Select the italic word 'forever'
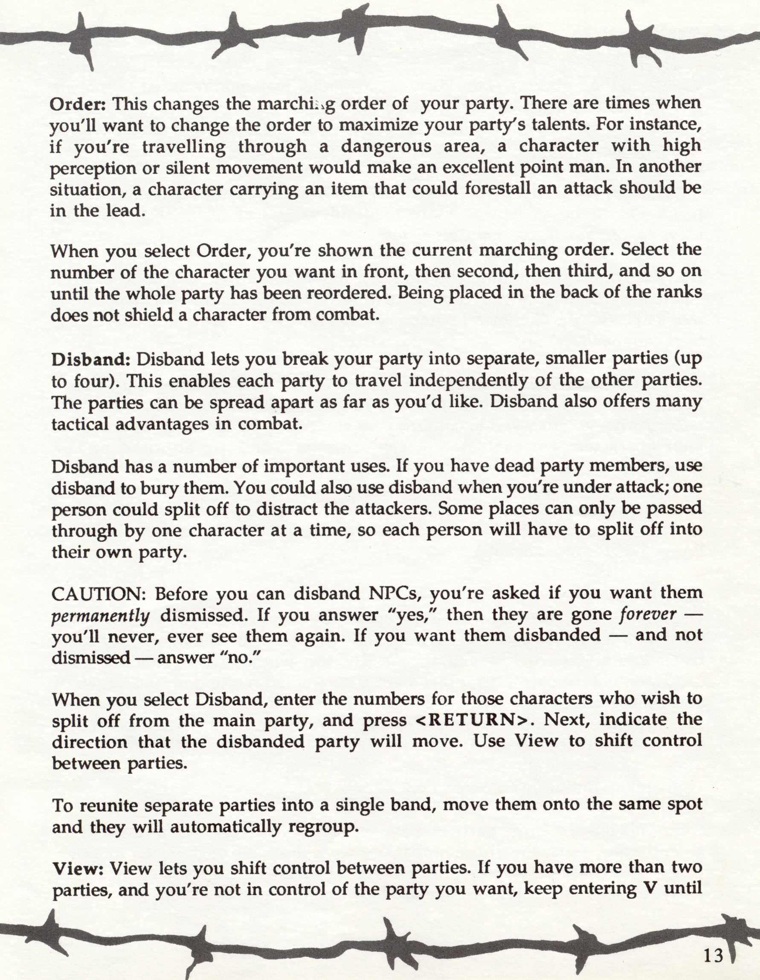tap(647, 614)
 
